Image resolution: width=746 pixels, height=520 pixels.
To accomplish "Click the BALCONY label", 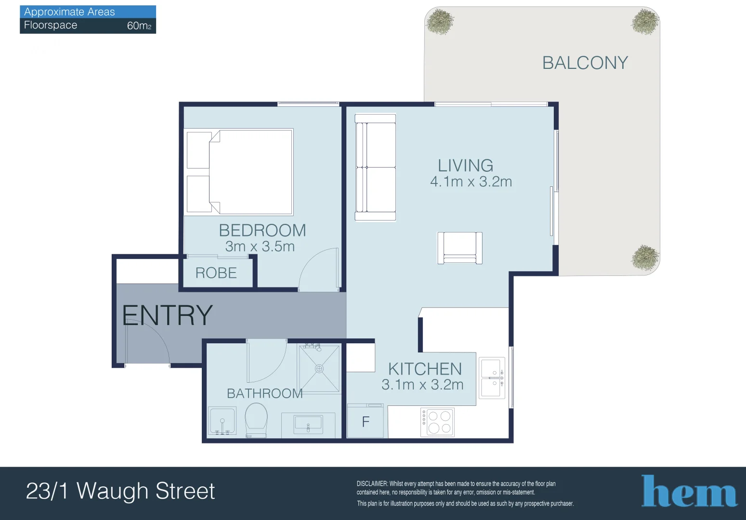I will (x=585, y=63).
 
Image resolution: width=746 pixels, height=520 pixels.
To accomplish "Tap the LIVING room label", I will (x=465, y=166).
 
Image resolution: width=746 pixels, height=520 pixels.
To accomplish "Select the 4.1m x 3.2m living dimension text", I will (x=471, y=182).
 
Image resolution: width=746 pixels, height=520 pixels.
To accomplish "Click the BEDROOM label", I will (x=262, y=230).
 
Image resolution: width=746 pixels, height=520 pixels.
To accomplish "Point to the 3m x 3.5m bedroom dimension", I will (x=260, y=247).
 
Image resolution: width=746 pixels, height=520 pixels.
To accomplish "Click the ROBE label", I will (x=216, y=273).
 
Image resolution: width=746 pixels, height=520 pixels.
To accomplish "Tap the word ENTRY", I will (x=167, y=315).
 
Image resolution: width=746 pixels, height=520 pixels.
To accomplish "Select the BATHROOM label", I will (x=264, y=393).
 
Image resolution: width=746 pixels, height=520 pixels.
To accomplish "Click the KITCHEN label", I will (x=425, y=369).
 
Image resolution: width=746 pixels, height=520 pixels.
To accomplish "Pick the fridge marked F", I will (x=366, y=422).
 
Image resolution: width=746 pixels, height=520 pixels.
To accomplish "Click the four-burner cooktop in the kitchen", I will (x=437, y=422).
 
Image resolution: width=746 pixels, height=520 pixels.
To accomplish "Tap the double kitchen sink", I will (x=492, y=378).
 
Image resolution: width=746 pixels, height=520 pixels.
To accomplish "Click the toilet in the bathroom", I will (x=256, y=419).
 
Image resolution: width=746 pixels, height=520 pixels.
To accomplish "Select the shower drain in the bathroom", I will (x=319, y=369).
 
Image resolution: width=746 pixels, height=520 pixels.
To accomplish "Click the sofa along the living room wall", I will (x=375, y=168).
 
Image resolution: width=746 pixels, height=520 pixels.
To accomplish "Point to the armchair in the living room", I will (x=459, y=247).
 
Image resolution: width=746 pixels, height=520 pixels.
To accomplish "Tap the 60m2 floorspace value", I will (x=139, y=26).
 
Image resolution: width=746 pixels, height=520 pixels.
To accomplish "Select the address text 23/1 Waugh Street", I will (x=120, y=491).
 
